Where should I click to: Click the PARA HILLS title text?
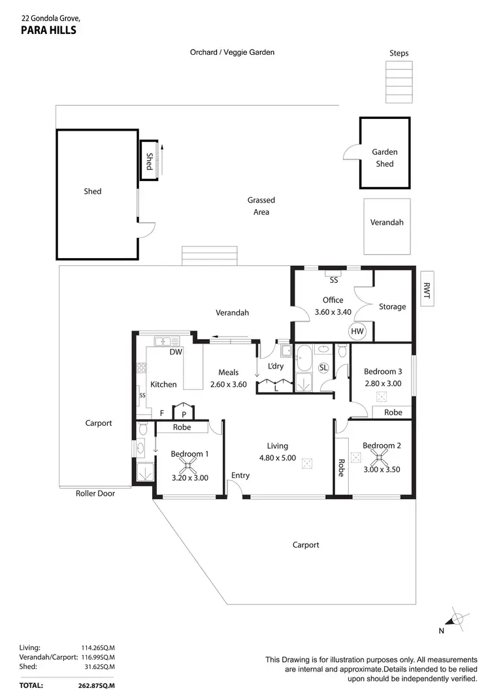[48, 29]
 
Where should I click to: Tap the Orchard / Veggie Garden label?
[232, 52]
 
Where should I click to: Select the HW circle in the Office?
[357, 332]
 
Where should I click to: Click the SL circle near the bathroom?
[323, 368]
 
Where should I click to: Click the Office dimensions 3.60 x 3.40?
[333, 312]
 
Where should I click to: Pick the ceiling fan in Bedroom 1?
[189, 465]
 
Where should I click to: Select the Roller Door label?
[95, 493]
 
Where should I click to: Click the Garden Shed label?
[385, 158]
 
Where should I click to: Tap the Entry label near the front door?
[240, 476]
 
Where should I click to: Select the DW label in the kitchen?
[175, 352]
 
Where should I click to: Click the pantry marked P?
[184, 414]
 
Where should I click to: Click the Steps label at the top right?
[399, 53]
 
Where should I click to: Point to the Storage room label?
[392, 306]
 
